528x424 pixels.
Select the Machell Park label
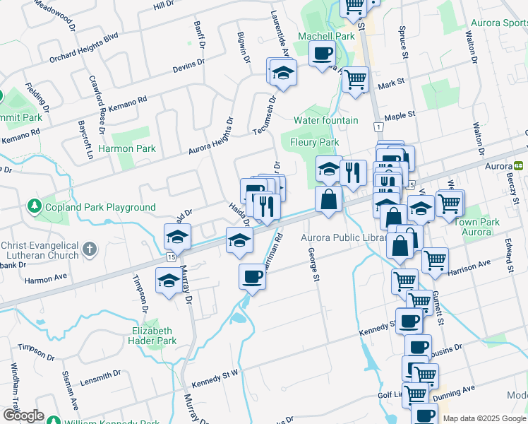coord(325,36)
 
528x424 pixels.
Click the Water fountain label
coord(325,120)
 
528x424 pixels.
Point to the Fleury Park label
coord(315,142)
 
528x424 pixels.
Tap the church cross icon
coord(89,249)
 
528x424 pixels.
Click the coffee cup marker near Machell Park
coord(322,54)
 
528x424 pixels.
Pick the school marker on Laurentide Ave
coord(283,72)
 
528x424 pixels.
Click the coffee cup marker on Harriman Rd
coord(252,276)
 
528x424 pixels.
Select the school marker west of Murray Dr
coord(167,283)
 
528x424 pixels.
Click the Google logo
coord(23,415)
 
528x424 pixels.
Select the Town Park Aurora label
coord(476,227)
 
